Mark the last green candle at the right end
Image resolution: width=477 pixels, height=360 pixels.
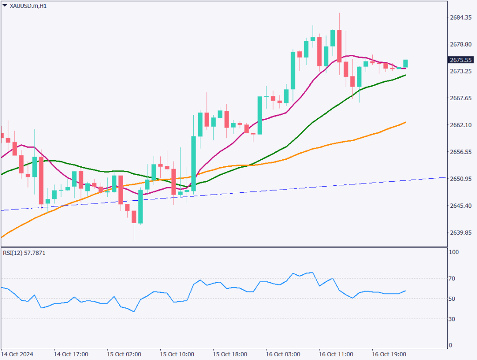[x=406, y=63]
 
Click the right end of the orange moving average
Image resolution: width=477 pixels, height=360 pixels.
[x=406, y=122]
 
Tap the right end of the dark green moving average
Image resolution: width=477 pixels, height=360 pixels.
[x=406, y=75]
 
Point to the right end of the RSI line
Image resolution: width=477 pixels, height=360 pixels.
[x=405, y=291]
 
